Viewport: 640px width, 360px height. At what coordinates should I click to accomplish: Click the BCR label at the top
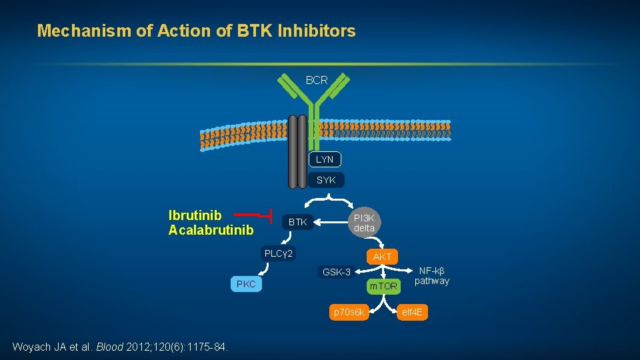(317, 80)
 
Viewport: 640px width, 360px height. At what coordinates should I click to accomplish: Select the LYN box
(325, 159)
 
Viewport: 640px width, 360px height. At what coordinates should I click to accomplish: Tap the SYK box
(326, 180)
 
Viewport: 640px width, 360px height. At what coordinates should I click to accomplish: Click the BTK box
(297, 222)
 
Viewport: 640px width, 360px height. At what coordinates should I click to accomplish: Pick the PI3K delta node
(364, 223)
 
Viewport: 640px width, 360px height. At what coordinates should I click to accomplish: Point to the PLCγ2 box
(279, 253)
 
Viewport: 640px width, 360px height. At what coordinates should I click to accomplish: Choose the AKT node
(383, 257)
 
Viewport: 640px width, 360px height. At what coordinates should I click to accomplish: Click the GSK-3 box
(337, 272)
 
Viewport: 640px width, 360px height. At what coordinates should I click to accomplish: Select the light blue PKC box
(245, 285)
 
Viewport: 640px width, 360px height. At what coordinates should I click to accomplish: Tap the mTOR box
(383, 286)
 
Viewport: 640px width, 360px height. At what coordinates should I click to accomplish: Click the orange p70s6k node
(349, 312)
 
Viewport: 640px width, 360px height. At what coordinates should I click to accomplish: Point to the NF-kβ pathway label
(432, 276)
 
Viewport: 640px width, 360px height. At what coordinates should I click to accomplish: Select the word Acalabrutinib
(211, 230)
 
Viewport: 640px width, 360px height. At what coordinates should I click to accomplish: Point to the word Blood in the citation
(109, 347)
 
